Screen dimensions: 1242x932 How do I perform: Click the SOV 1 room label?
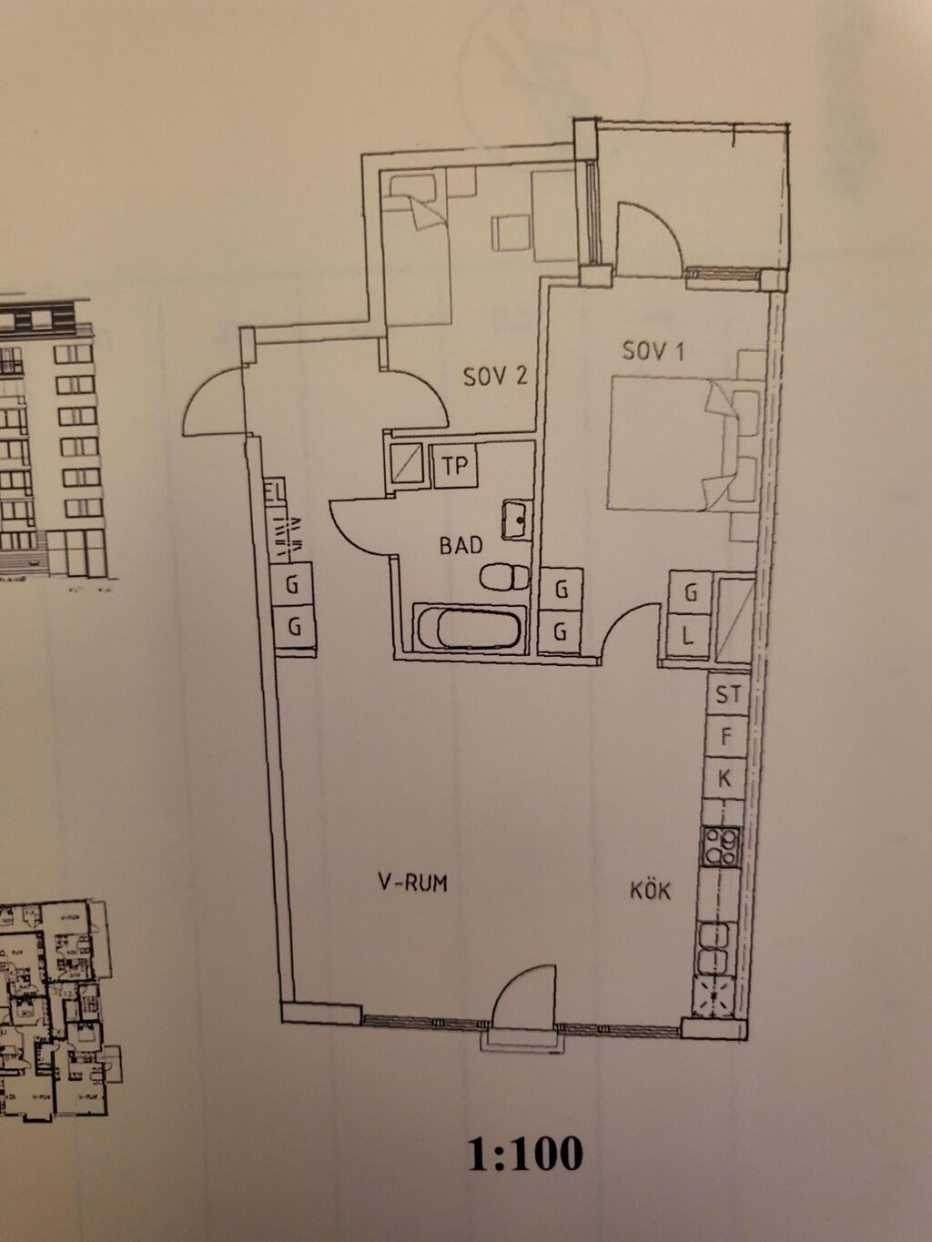click(653, 349)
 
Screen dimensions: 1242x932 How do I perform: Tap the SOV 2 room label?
click(495, 376)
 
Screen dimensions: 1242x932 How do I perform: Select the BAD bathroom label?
click(461, 545)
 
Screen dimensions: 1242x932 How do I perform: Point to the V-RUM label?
click(413, 882)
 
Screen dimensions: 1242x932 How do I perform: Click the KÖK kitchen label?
click(650, 889)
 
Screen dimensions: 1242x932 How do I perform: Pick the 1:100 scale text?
click(525, 1154)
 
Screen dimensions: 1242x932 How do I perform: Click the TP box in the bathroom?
click(454, 466)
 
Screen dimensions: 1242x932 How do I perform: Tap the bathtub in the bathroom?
click(469, 628)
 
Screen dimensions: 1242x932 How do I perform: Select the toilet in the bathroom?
click(504, 576)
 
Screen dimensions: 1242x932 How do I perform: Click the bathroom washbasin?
click(516, 520)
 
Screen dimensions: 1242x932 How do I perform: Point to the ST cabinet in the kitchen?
click(727, 695)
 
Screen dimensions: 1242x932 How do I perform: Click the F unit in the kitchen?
click(726, 736)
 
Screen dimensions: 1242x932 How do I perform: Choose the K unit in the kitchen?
click(725, 778)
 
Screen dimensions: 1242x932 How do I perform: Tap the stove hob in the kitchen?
click(720, 847)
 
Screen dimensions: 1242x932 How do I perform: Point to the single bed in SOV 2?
click(417, 246)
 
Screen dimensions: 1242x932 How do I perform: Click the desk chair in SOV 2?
click(511, 233)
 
